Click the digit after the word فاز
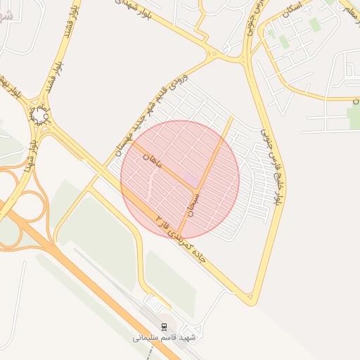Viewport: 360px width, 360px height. coord(159,210)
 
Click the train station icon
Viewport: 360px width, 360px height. coord(165,327)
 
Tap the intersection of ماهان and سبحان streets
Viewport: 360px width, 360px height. coord(196,191)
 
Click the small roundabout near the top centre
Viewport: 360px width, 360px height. coord(213,53)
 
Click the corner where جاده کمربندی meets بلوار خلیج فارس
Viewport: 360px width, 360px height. coord(250,303)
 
